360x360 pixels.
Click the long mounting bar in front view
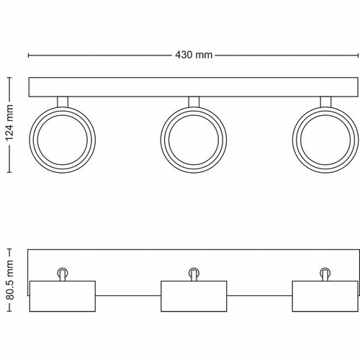[x=192, y=86]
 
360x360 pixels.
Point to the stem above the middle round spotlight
[x=192, y=102]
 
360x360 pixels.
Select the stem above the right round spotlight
[x=325, y=102]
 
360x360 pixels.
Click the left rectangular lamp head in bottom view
[x=62, y=296]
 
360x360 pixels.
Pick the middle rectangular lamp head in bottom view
[x=193, y=296]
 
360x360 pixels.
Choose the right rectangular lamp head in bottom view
[x=324, y=296]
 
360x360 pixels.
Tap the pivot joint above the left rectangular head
[x=62, y=272]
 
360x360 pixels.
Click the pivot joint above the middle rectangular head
[x=193, y=272]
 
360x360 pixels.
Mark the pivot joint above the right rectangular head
[x=324, y=272]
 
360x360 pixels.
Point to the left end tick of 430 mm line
[x=28, y=55]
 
